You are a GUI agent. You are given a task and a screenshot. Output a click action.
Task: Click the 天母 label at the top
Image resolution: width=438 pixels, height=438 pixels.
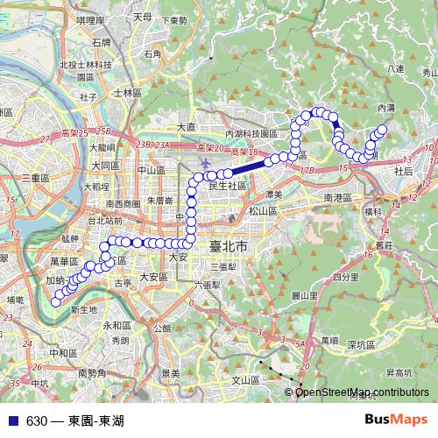[x=141, y=16]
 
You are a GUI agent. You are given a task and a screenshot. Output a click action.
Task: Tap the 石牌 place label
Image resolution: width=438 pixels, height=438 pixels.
[x=102, y=40]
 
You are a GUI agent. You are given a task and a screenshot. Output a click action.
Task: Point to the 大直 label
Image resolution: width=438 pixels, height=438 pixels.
[x=186, y=127]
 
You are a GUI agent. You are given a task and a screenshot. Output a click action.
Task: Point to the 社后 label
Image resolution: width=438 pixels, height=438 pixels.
[x=403, y=172]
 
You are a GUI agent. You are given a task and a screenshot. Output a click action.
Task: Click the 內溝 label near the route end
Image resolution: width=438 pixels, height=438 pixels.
[x=385, y=106]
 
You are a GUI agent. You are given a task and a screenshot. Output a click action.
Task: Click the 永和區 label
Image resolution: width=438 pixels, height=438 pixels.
[x=117, y=325]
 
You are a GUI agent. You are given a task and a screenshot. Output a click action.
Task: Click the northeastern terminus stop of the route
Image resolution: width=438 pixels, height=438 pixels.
[x=383, y=129]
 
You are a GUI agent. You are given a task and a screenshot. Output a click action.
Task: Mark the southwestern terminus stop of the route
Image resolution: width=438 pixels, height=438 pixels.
[x=56, y=301]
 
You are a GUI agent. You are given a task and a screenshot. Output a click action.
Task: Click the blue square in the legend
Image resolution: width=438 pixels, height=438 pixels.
[x=10, y=421]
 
